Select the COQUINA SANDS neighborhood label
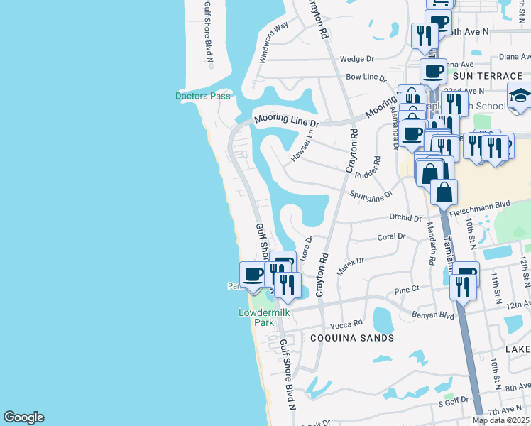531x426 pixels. click(352, 338)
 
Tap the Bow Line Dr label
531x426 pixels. click(366, 77)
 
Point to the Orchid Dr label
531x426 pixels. click(405, 217)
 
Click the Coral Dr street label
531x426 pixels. click(391, 236)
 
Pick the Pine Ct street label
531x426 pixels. click(407, 290)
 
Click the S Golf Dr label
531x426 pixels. click(454, 400)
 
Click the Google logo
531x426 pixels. click(23, 417)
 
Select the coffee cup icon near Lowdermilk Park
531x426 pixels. click(252, 274)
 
